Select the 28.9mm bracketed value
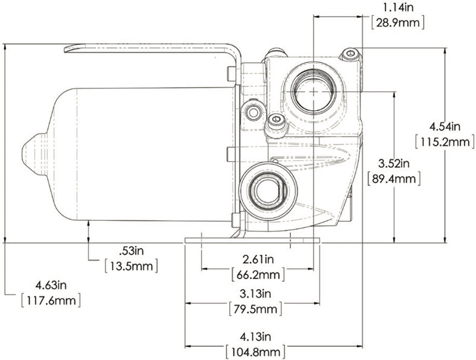(x=396, y=23)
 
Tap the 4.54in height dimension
(x=444, y=126)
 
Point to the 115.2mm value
(x=444, y=142)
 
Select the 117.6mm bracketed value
(x=50, y=300)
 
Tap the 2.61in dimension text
(x=257, y=259)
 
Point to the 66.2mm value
(x=257, y=275)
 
